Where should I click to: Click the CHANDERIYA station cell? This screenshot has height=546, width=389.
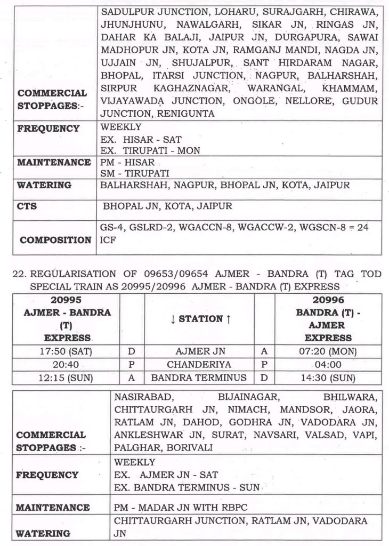coord(199,365)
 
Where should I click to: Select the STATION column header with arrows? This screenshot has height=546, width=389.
coord(199,319)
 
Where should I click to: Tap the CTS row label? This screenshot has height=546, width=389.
coord(27,206)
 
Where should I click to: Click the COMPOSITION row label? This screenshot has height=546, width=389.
coord(55,240)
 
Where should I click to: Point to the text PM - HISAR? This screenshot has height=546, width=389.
coord(127,163)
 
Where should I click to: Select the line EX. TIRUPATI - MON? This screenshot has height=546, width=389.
coord(150,151)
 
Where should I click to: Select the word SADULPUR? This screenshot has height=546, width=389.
coord(126,11)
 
